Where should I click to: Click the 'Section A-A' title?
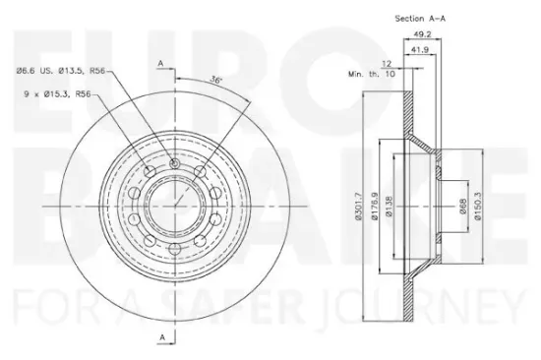[420, 19]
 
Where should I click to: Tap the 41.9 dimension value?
[420, 50]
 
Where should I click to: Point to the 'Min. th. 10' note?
[371, 74]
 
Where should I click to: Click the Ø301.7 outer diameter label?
[358, 206]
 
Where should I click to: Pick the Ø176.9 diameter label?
[375, 206]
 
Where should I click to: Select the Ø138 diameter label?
[389, 207]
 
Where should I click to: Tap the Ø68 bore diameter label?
[462, 207]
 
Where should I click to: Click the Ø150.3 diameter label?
[477, 206]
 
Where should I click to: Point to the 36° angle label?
[215, 80]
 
